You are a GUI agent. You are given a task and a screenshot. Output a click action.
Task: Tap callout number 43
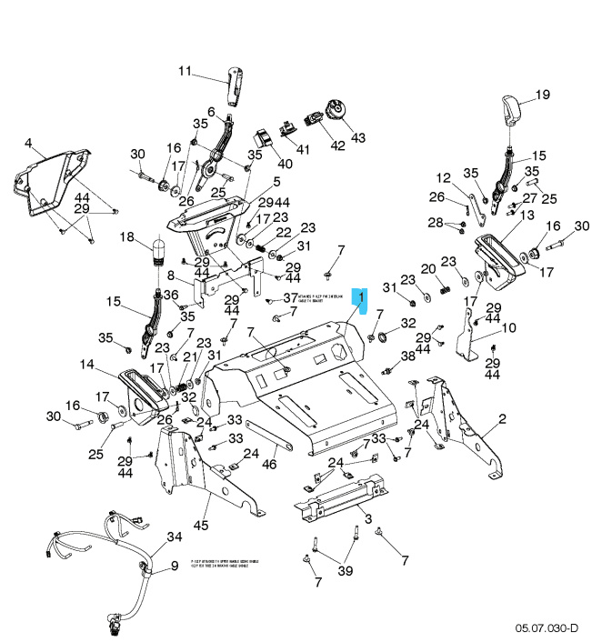coord(357,137)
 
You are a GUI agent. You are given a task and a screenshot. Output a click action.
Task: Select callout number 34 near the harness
coord(173,537)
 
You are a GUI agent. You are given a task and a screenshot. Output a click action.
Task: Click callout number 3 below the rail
coord(367,518)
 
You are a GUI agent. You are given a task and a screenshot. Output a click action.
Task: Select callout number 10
coord(508,327)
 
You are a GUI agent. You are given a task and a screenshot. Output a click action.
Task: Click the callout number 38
coord(408,356)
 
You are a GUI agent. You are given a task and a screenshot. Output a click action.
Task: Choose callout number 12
coord(443,177)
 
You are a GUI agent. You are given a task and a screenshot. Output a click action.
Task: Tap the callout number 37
coord(290,297)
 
